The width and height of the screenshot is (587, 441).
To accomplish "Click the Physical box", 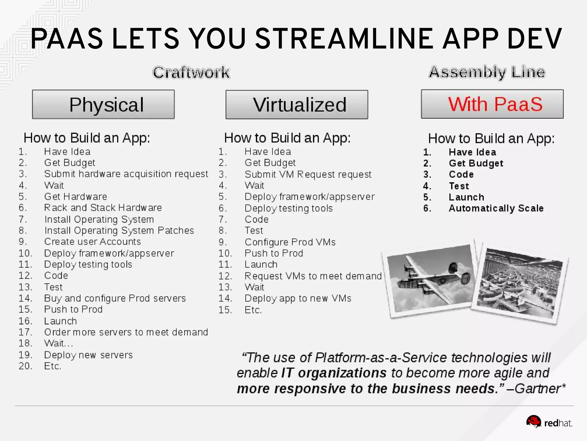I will (103, 104).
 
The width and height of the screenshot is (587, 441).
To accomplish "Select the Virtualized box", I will (297, 105).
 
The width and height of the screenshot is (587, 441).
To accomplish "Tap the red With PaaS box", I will (492, 104).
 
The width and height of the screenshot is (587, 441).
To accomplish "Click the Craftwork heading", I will (191, 72).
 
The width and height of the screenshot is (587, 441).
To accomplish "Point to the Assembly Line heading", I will (487, 72).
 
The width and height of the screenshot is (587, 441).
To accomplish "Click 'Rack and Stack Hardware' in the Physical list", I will (103, 208).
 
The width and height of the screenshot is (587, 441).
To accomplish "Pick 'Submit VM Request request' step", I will (308, 174).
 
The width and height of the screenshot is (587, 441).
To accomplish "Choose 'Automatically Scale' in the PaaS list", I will (496, 208).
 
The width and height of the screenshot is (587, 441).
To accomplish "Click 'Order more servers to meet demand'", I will (126, 332).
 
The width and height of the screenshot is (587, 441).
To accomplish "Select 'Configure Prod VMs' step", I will (290, 242).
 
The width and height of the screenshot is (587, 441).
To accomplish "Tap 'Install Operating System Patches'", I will (119, 231).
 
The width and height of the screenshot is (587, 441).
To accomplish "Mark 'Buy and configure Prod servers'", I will (115, 298).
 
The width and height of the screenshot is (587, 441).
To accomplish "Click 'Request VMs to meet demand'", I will (313, 276).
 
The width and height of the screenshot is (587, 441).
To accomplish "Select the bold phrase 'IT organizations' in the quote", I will (334, 373).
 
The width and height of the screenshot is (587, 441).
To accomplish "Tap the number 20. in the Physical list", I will (25, 366).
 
